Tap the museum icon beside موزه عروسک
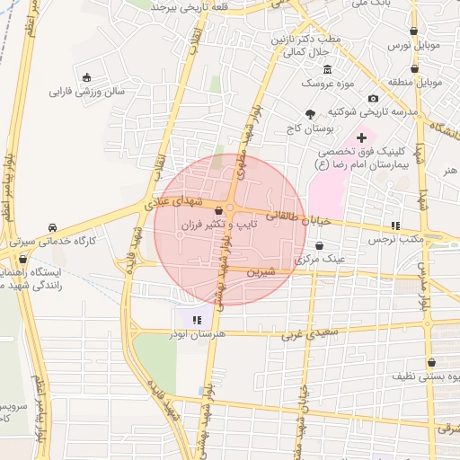[326, 70]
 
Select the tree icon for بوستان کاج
[311, 114]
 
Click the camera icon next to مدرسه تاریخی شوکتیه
[373, 97]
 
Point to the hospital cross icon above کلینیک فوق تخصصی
[361, 137]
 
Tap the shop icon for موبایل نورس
[413, 31]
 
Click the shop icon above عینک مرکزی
[319, 244]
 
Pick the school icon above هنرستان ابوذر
[197, 318]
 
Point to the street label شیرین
[260, 270]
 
